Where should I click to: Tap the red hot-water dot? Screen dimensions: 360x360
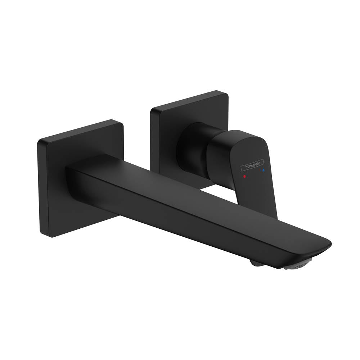(245, 177)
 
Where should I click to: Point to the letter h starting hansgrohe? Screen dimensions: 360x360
(242, 168)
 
